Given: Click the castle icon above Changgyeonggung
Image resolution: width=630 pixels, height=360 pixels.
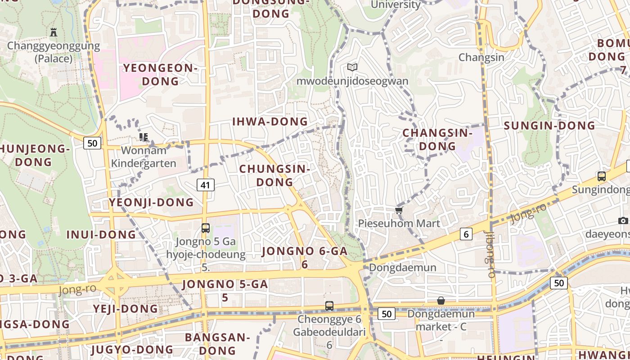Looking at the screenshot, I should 54,32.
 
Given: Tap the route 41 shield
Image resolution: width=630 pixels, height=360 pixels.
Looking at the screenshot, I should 205,184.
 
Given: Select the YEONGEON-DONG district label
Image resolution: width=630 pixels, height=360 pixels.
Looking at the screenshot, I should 160,75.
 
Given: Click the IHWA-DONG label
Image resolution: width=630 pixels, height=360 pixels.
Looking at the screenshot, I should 270,121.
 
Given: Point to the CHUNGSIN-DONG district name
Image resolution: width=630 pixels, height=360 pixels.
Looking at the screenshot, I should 274,175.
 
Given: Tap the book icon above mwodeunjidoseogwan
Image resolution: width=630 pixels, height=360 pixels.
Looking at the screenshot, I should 352,67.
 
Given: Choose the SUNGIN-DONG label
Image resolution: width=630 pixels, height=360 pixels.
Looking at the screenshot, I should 549,126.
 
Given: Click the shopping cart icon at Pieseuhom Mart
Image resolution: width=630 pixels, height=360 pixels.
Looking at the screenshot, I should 398,210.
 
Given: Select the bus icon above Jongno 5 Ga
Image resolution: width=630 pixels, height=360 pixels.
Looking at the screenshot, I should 206,228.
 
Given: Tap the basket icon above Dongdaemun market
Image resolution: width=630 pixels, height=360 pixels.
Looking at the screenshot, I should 441,301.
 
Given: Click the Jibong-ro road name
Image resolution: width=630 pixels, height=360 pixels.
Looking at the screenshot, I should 490,254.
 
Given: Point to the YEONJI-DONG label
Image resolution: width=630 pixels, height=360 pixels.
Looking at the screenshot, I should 151,202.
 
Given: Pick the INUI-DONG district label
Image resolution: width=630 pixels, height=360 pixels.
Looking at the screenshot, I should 101,234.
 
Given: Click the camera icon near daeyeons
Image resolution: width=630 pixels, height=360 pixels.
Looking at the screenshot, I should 623,220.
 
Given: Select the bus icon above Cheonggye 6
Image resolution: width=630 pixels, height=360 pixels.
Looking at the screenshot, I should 329,306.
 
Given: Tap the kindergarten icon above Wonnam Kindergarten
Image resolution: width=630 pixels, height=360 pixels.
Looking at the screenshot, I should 144,137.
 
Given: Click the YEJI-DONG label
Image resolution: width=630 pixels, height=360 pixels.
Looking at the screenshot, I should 126,309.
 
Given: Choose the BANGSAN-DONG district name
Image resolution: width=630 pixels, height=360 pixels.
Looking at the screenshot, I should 217,343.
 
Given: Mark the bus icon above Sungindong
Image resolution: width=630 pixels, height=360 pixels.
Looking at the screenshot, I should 602,176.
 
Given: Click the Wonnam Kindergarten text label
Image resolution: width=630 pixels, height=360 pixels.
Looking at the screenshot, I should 144,157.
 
